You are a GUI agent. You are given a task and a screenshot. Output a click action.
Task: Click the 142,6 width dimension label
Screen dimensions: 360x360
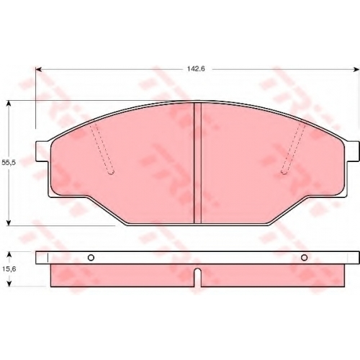(196, 69)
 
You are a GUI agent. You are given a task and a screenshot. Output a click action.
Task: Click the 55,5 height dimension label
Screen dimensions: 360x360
(9, 163)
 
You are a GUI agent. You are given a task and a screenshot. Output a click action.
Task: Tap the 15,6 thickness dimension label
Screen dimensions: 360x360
(9, 269)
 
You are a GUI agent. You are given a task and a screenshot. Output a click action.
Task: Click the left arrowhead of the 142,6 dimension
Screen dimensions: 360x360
(39, 69)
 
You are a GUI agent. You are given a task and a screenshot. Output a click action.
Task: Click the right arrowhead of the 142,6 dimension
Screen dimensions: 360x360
(356, 69)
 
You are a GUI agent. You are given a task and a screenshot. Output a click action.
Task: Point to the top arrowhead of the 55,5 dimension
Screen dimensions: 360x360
(9, 104)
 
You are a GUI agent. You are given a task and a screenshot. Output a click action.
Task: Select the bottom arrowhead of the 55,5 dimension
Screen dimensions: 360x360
(9, 222)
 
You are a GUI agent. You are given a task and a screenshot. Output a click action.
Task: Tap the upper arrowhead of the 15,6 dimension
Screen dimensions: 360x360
(9, 255)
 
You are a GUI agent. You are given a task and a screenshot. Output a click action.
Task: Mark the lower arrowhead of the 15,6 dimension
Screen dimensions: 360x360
(9, 284)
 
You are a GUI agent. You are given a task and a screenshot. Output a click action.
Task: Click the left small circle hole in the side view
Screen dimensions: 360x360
(91, 258)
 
